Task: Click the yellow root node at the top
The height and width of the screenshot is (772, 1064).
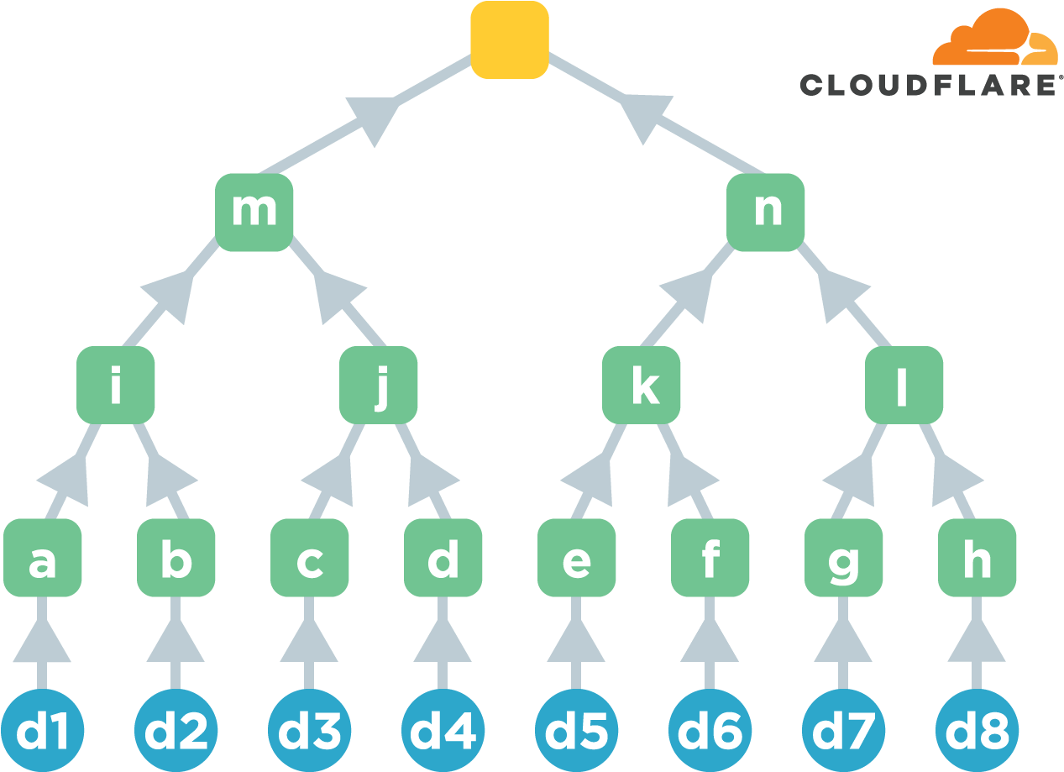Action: coord(509,40)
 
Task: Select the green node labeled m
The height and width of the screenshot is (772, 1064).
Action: coord(254,212)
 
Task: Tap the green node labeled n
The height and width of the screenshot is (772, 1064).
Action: coord(765,212)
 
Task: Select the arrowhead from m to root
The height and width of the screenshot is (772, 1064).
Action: coord(373,117)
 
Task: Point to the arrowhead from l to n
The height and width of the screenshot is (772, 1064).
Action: coord(841,294)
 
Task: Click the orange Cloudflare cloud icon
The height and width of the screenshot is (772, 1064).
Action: coord(996,39)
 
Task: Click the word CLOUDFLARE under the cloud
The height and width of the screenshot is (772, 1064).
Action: coord(927,85)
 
